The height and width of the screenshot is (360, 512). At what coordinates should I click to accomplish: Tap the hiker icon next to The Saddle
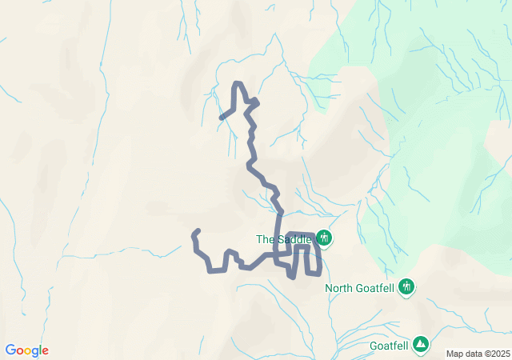click(324, 238)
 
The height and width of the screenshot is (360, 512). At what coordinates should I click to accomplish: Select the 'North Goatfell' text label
click(360, 288)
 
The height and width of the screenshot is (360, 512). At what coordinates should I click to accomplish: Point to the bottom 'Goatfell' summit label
click(390, 346)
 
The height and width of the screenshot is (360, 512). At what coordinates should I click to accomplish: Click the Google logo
click(26, 350)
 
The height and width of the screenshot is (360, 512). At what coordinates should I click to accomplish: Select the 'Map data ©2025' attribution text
click(478, 354)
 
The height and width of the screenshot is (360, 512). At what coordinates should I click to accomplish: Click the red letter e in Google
click(45, 351)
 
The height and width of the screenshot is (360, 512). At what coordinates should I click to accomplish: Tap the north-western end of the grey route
click(222, 118)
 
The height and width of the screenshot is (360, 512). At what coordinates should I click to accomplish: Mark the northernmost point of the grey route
click(237, 83)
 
